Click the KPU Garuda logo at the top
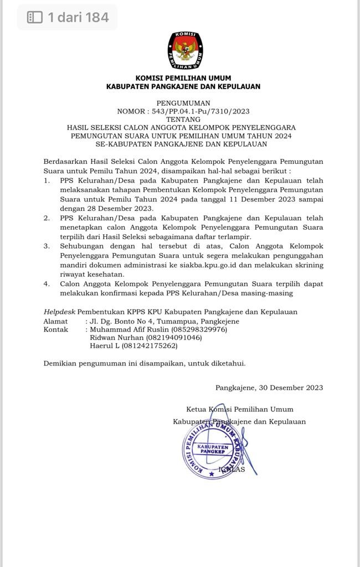[185, 50]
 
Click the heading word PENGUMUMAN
[183, 103]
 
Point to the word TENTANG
[183, 120]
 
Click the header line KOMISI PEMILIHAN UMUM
[183, 78]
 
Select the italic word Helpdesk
[59, 312]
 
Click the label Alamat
[55, 321]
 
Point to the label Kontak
[56, 329]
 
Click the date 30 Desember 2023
[291, 388]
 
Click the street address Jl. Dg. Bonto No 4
[127, 321]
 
